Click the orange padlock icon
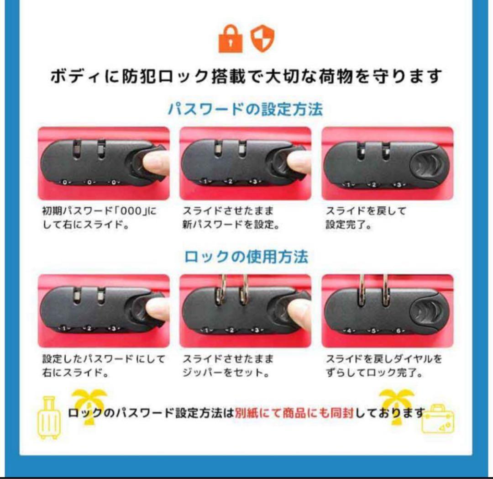coord(231,40)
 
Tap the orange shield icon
coord(262,39)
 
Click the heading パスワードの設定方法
coord(246,110)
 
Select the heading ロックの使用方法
coord(246,257)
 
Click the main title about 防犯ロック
coord(246,76)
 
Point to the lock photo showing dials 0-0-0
coord(104,163)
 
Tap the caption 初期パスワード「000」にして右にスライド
coord(99,218)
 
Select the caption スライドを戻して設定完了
coord(366,218)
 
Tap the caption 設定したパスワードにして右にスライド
coord(103,366)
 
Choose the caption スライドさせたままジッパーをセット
coord(228,366)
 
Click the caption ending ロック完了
coord(383,366)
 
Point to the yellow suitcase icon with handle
coord(48,418)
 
